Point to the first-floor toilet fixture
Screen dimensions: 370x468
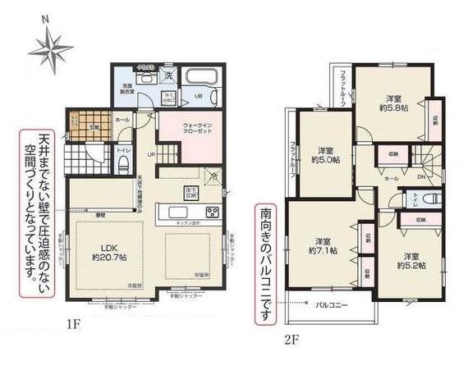click(x=122, y=165)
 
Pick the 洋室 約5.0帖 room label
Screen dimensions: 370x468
click(x=325, y=154)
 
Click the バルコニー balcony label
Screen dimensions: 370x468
click(x=333, y=304)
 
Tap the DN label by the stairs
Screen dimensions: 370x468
click(x=420, y=176)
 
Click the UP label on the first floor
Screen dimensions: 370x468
click(x=151, y=153)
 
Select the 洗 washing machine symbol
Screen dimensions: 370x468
click(x=167, y=76)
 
